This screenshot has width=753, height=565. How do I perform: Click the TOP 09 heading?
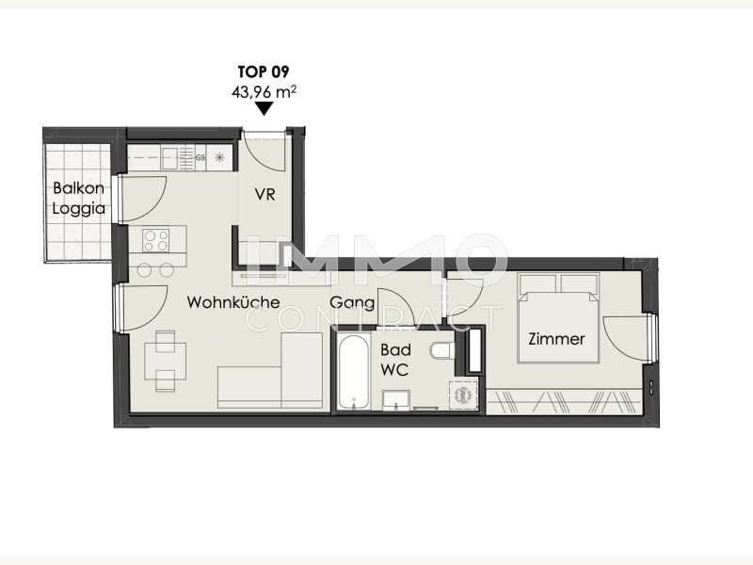point(264,73)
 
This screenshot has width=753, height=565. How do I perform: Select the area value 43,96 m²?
point(264,91)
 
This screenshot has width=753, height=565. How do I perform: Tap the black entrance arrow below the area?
point(264,108)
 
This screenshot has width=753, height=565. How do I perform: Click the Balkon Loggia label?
point(79,198)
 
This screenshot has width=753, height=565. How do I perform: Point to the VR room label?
point(264,195)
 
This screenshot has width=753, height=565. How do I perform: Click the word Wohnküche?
point(233,302)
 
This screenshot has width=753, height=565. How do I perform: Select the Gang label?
point(352,302)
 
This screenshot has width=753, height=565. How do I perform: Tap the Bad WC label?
point(395,360)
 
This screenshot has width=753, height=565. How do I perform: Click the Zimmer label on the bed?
point(556,339)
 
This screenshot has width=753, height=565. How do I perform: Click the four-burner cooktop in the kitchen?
point(156,240)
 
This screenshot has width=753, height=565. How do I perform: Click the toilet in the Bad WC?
point(441,350)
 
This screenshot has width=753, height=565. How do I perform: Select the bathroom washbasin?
point(396,399)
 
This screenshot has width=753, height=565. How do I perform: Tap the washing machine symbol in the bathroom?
point(463,395)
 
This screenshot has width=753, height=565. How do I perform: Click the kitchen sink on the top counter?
point(169,158)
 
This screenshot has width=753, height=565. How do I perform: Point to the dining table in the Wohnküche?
point(166,361)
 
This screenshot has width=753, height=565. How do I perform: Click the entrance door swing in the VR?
point(264,152)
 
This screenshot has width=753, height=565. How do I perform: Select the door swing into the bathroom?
point(395,309)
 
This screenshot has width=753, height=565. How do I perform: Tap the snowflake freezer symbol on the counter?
point(219,157)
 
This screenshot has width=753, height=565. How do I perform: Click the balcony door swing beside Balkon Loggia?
point(143,199)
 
